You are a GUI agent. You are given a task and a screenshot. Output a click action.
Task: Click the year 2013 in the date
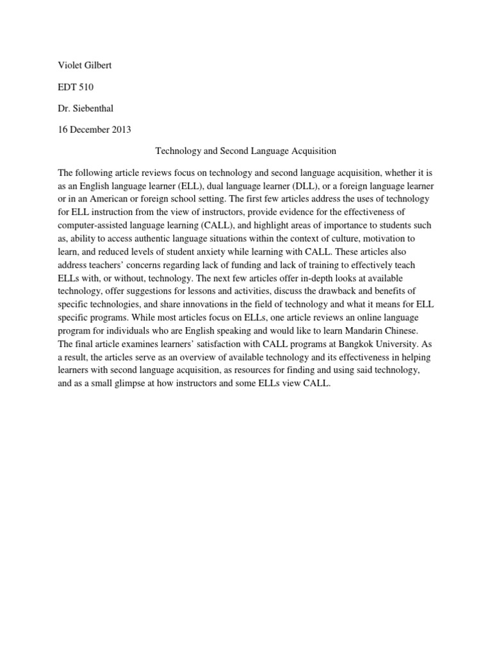(x=120, y=130)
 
